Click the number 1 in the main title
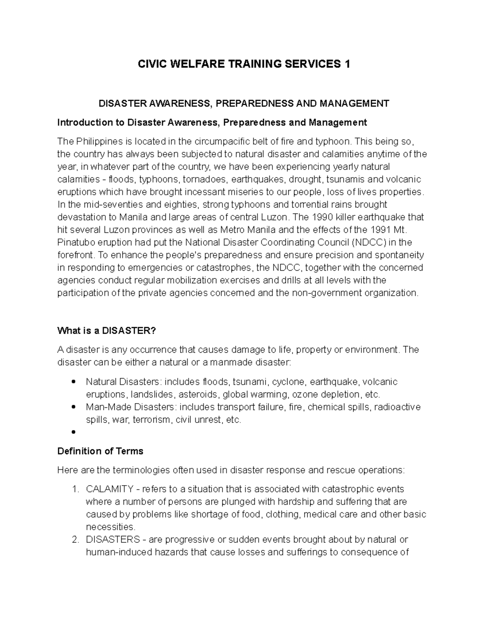click(x=347, y=64)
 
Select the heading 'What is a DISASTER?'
click(x=107, y=331)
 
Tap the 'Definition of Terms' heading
click(x=100, y=451)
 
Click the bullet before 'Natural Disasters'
click(x=74, y=382)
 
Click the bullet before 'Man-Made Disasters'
click(x=74, y=407)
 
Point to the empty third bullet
click(x=74, y=432)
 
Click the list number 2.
click(x=75, y=540)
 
